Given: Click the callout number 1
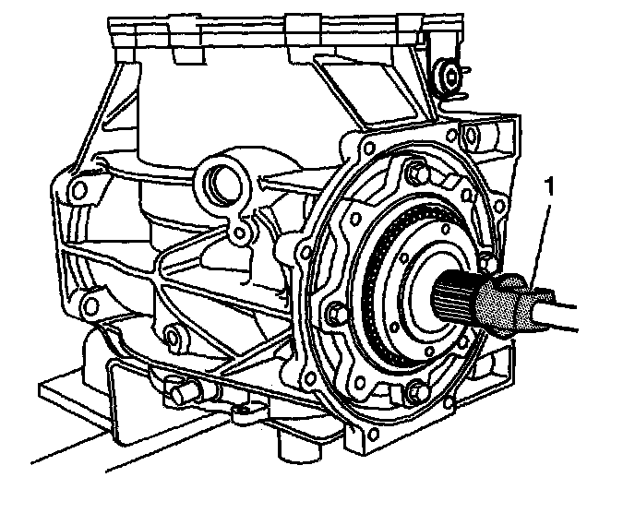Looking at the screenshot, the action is pos(549,187).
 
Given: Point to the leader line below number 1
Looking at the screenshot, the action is pos(541,245).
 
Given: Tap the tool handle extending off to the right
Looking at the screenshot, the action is pos(555,310).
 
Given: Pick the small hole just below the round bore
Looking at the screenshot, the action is pos(240,233).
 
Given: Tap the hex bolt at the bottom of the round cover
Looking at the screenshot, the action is pos(416,391).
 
